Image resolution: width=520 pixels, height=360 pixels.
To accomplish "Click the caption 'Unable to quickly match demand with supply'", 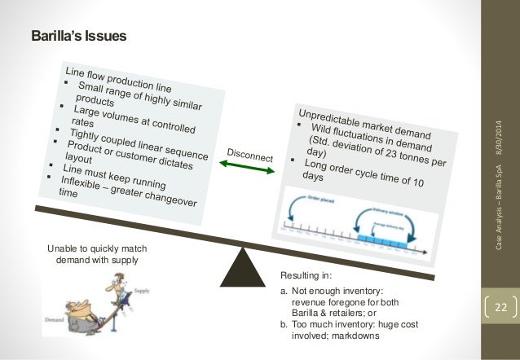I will click(x=96, y=254).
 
